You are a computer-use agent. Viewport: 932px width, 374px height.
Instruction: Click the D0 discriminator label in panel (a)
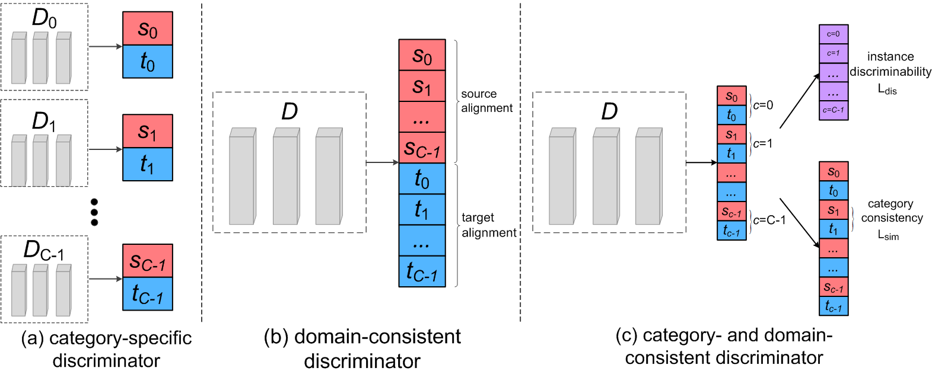click(44, 18)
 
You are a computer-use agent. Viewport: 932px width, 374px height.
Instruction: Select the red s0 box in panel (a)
click(148, 28)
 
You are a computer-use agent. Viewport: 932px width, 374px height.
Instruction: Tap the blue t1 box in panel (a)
click(148, 164)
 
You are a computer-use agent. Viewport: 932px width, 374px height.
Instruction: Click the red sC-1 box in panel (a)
click(148, 261)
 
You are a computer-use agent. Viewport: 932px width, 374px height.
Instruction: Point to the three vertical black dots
click(94, 212)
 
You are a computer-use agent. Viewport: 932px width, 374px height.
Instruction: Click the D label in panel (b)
click(290, 111)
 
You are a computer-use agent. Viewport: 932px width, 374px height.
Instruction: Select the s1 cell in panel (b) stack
click(422, 86)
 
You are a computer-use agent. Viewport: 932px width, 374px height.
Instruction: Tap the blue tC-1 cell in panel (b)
click(422, 271)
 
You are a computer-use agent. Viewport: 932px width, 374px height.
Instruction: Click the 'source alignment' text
click(486, 101)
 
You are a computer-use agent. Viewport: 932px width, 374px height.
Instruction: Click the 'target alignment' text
click(488, 225)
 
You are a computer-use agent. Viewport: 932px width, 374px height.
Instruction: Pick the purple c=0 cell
click(833, 34)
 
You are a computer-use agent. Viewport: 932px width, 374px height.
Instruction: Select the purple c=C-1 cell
click(833, 110)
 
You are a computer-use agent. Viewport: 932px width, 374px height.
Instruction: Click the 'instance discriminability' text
click(890, 64)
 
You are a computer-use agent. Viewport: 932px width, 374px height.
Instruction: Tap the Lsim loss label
click(888, 235)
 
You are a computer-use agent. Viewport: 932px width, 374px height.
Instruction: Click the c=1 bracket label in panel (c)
click(762, 143)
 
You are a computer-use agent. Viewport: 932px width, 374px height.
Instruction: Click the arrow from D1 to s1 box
click(105, 149)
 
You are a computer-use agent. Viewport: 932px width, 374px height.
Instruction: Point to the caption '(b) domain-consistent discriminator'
click(362, 349)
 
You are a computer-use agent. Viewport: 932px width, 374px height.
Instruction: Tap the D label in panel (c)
click(609, 111)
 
